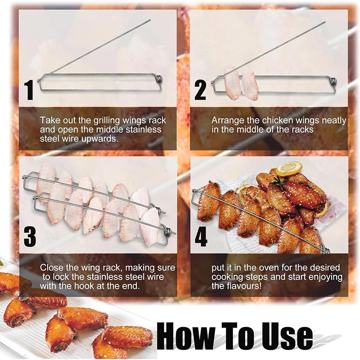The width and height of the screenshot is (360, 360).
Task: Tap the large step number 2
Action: pos(200,91)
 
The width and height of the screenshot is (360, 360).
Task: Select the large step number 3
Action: pos(30,237)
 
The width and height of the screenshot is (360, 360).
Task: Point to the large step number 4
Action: pos(201,237)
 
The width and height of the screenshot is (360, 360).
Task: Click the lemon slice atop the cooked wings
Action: pos(289,168)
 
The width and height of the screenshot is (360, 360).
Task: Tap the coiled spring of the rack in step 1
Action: pos(160,80)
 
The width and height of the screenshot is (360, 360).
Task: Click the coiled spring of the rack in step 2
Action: pos(333,83)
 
